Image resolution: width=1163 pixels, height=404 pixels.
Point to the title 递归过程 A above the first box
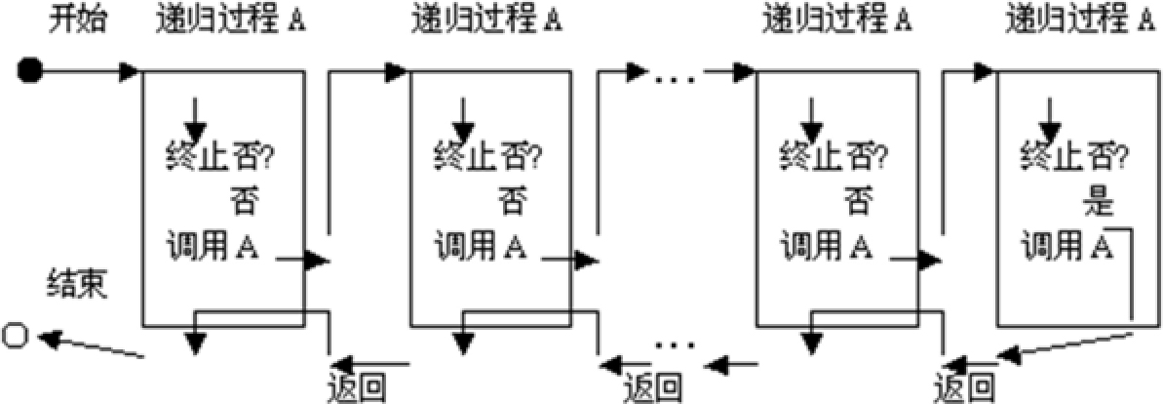coord(231,20)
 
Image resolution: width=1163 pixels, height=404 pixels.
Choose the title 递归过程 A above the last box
coord(1080,20)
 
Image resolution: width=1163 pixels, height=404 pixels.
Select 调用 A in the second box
coord(482,245)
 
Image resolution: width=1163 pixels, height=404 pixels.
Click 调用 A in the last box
coord(1069,245)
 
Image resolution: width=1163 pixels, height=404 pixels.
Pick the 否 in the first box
coord(242,203)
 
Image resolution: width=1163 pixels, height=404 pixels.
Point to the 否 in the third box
coord(858,203)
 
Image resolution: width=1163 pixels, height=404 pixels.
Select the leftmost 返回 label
coord(356,386)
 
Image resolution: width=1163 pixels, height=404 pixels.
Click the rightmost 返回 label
coord(964,386)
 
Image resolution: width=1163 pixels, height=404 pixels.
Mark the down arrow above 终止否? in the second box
coord(464,118)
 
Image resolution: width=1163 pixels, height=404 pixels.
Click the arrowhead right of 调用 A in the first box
coord(317,261)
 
